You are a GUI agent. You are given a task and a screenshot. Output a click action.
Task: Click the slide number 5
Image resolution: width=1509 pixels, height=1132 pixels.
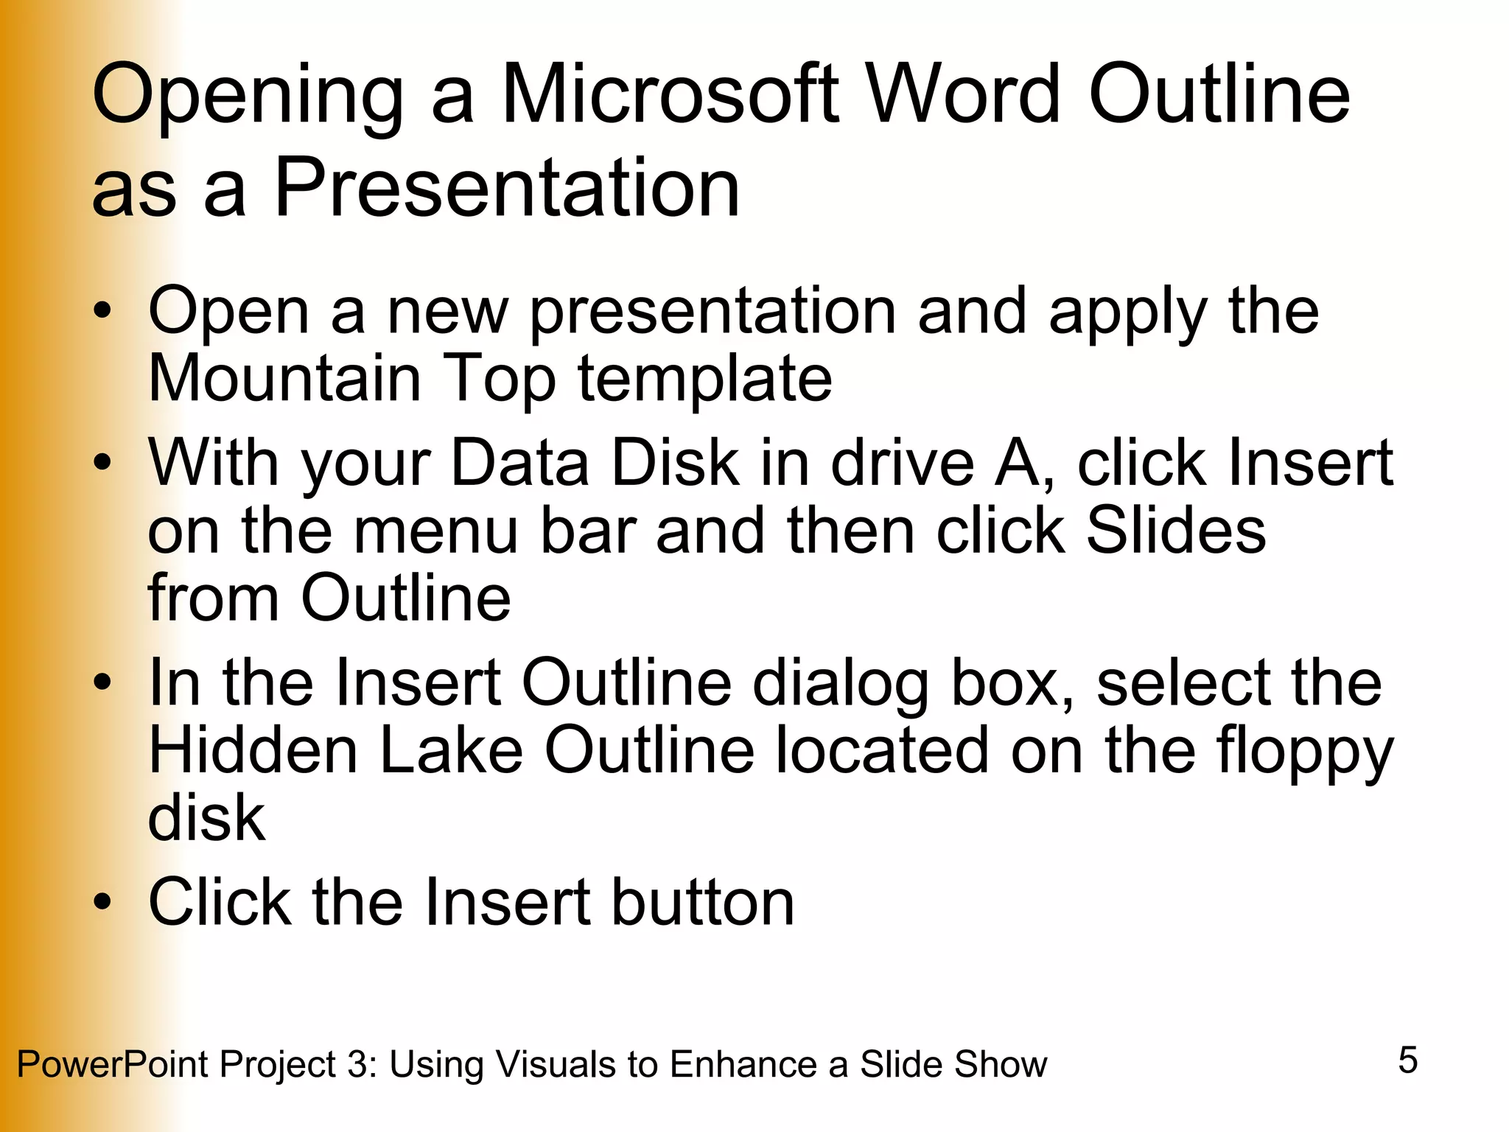(x=1407, y=1061)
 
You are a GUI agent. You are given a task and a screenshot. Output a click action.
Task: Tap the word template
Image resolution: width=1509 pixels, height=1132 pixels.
(x=705, y=380)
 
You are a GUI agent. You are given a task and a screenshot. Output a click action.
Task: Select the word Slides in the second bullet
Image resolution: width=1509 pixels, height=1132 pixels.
(x=1176, y=531)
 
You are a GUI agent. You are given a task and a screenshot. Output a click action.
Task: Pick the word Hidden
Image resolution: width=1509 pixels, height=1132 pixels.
(x=253, y=750)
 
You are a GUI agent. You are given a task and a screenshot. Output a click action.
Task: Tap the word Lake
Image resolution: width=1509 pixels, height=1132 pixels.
(x=451, y=750)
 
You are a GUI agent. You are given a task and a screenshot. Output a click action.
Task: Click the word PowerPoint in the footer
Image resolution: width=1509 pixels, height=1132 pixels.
(x=113, y=1064)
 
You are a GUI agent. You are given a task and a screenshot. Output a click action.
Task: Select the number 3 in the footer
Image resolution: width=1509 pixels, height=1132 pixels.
(x=357, y=1064)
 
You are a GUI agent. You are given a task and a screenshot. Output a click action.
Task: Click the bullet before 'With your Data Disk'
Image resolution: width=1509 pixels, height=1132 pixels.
(x=103, y=463)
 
